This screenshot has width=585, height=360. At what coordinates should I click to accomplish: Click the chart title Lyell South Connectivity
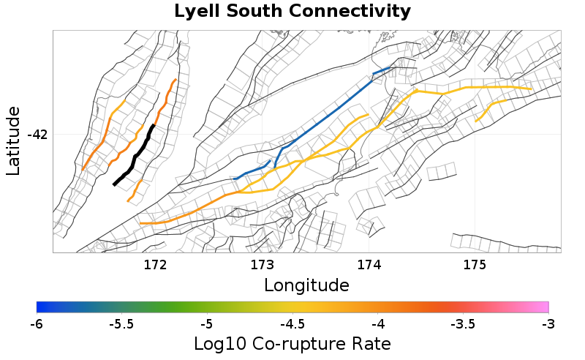[292, 12]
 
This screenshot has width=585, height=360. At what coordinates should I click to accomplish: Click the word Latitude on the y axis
[13, 140]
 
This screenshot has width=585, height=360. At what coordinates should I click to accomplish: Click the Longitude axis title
[306, 284]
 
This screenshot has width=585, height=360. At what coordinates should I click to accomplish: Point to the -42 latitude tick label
[37, 135]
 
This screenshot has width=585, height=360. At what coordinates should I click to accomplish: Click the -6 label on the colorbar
[37, 323]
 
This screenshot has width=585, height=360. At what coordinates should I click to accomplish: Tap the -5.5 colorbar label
[121, 323]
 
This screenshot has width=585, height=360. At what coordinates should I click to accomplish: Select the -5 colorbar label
[207, 323]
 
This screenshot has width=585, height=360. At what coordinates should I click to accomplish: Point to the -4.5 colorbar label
[292, 323]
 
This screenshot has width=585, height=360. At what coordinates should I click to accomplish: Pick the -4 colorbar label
[377, 323]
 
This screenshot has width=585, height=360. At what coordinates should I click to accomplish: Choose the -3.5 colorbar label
[463, 323]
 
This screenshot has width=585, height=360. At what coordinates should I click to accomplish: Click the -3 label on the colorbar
[548, 323]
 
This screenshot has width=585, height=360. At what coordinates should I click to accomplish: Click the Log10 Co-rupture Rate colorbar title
[292, 343]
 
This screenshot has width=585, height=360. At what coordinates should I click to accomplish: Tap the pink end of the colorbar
[541, 307]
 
